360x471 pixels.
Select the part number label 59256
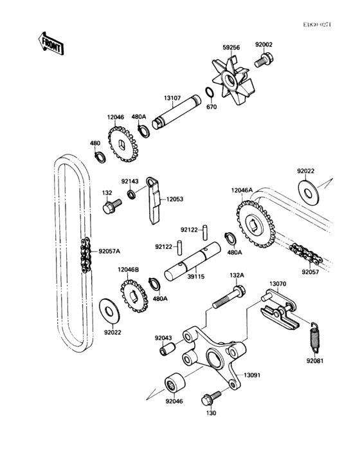click(231, 46)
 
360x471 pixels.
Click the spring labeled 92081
click(316, 336)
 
